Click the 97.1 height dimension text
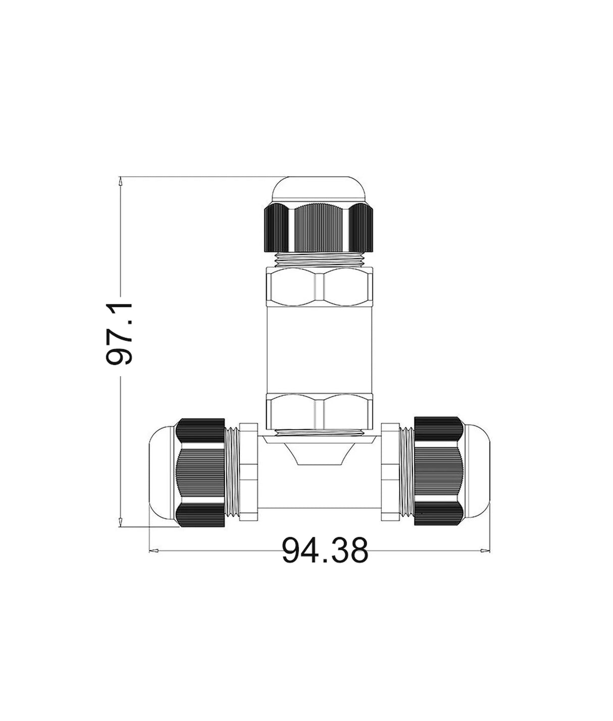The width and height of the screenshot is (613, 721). coord(120,334)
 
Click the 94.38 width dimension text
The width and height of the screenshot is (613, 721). coord(325,550)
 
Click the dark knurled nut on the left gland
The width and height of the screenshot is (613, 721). coord(200,473)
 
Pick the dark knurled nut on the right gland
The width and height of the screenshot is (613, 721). coord(438,472)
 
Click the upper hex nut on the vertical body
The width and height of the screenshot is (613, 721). coord(319,287)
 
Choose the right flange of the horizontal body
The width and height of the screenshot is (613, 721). coord(390,472)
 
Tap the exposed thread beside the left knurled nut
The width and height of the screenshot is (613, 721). coord(232,472)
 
